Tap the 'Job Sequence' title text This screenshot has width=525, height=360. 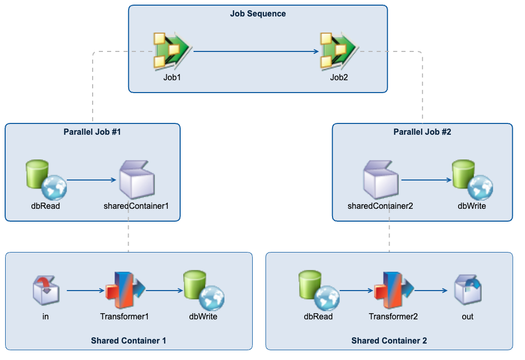tap(258, 14)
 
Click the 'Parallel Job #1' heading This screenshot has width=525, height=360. tap(92, 132)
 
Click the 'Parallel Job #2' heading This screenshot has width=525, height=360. tap(422, 132)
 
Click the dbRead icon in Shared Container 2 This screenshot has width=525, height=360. tap(318, 291)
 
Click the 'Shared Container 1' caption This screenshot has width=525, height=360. tap(128, 340)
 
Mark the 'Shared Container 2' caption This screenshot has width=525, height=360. tap(389, 340)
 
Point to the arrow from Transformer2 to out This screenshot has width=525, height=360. tap(431, 291)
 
